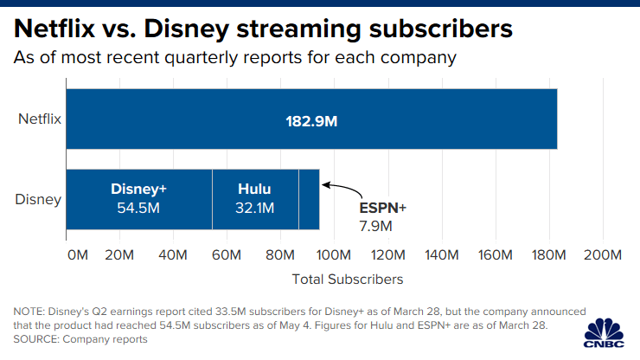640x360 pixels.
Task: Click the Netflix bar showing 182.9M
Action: click(x=311, y=119)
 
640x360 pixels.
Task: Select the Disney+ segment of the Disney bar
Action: click(x=139, y=199)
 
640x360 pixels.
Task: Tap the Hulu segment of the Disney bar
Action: click(x=255, y=199)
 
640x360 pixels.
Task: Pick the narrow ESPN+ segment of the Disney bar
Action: click(x=309, y=199)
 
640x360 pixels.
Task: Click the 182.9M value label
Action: click(x=311, y=120)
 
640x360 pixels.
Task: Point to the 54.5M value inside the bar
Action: click(x=138, y=209)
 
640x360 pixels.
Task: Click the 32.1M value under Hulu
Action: click(x=254, y=209)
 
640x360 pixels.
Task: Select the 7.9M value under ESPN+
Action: click(x=375, y=226)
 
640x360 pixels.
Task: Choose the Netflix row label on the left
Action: click(x=40, y=119)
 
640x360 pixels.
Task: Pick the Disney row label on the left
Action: click(x=39, y=200)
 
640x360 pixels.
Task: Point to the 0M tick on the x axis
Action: click(x=77, y=255)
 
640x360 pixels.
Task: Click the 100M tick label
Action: click(x=334, y=255)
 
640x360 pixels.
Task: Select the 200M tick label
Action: click(x=602, y=255)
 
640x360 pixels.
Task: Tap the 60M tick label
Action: click(x=227, y=255)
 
